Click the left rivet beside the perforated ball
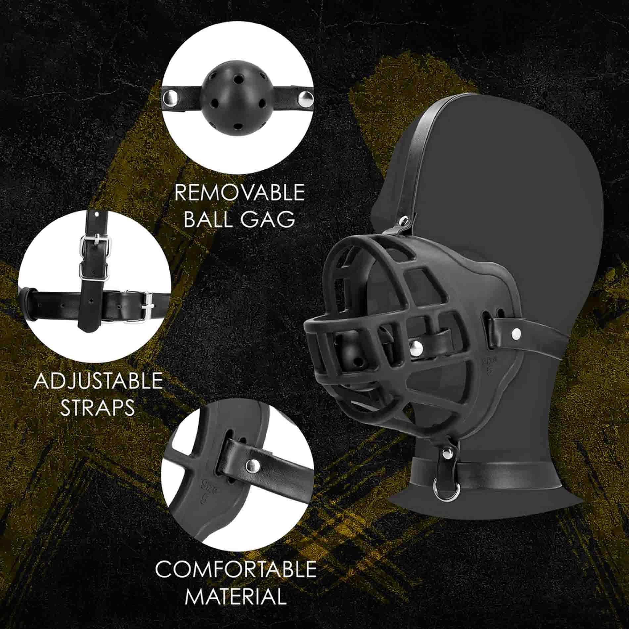[170, 98]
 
